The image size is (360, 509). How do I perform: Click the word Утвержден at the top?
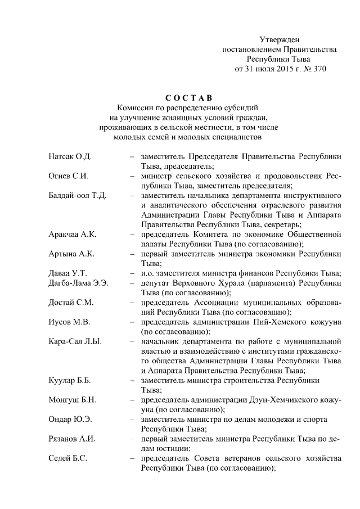pyautogui.click(x=280, y=39)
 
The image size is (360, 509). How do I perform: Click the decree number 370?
pyautogui.click(x=318, y=69)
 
